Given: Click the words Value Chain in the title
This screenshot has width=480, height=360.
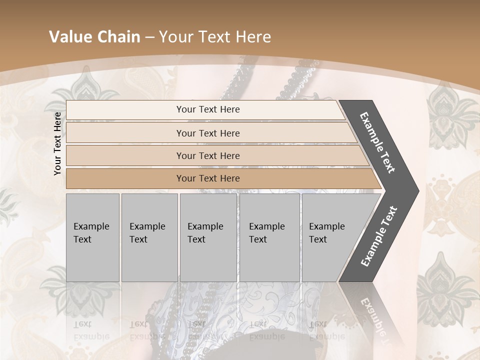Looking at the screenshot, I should pyautogui.click(x=94, y=37).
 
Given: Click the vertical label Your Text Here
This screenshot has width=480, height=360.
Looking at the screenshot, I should pyautogui.click(x=57, y=143).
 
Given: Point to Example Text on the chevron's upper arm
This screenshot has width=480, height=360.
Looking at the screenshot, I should pyautogui.click(x=377, y=142).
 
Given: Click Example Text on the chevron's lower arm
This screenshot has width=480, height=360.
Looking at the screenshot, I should pyautogui.click(x=378, y=236).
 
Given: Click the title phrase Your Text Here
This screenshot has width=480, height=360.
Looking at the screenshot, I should pyautogui.click(x=215, y=37).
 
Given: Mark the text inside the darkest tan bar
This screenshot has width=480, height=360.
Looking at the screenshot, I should pyautogui.click(x=208, y=178).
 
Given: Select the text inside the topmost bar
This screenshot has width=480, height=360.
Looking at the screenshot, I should pyautogui.click(x=208, y=109).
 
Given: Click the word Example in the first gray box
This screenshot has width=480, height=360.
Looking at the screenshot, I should pyautogui.click(x=91, y=226).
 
